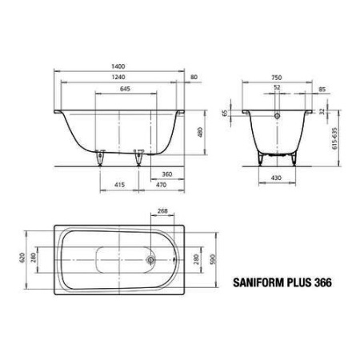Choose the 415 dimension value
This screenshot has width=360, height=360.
pos(118,185)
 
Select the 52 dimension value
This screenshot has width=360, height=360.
pos(276,87)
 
